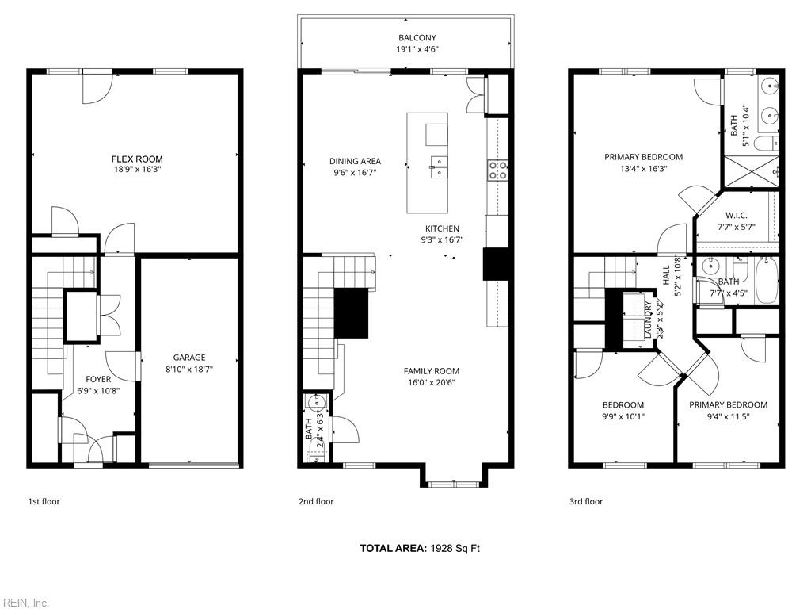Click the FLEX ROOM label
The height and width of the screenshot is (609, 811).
coord(137,159)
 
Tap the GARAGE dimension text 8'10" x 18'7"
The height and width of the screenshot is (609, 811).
coord(189,370)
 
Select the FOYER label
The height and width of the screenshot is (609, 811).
coord(98,380)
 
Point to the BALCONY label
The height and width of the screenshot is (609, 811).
coord(417,38)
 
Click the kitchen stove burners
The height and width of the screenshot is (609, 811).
coord(497,170)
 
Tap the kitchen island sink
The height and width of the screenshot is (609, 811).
coord(439,167)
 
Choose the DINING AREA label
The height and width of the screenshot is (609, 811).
coord(356,161)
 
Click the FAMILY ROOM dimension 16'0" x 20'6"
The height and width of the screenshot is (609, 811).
coord(432,383)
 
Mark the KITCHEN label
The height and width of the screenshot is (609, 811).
coord(442,228)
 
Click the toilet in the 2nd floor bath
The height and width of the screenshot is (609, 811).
coord(315,455)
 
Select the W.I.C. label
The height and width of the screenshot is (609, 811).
coord(736,216)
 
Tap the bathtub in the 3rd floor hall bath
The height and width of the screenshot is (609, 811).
coord(767,282)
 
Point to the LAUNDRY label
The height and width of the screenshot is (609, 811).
coord(648,320)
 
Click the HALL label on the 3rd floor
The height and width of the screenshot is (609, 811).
coord(666,275)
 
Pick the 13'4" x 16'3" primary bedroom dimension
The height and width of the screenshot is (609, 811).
coord(643,168)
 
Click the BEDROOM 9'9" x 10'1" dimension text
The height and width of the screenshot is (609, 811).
coord(623,416)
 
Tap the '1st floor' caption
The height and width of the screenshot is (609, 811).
coord(44,501)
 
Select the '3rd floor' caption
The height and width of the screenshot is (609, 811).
coord(586,501)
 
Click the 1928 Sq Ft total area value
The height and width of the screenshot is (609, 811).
coord(455,548)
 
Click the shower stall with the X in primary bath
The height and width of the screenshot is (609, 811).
coord(750,170)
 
